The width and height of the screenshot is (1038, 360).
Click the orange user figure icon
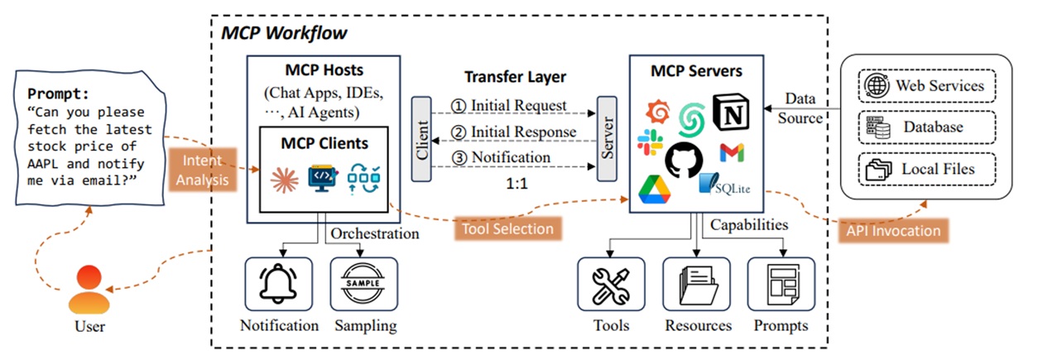coord(89,289)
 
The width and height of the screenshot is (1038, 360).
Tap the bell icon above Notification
coord(278,284)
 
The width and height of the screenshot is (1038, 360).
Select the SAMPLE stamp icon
coord(363,283)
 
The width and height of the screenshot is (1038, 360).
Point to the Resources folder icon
coord(699,285)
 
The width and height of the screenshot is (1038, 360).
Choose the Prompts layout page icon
coord(783,285)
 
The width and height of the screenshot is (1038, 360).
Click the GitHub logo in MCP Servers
coord(684,160)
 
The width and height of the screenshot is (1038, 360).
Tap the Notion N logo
coord(731,113)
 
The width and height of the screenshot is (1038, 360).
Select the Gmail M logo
coord(733,152)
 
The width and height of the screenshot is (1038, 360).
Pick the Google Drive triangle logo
coord(654,190)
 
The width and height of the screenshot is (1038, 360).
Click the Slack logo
coord(650,142)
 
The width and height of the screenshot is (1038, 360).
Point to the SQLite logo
coord(725,185)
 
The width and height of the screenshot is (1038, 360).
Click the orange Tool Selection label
coord(508,228)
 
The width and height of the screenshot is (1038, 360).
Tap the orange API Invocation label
coord(893,231)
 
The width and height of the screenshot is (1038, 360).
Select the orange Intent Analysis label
coord(203,170)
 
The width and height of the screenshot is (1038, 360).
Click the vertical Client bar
coord(421,139)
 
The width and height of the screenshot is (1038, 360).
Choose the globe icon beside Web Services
coord(877,86)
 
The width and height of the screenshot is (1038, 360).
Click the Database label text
coord(933,127)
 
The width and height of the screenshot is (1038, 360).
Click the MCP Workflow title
coord(284,33)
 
